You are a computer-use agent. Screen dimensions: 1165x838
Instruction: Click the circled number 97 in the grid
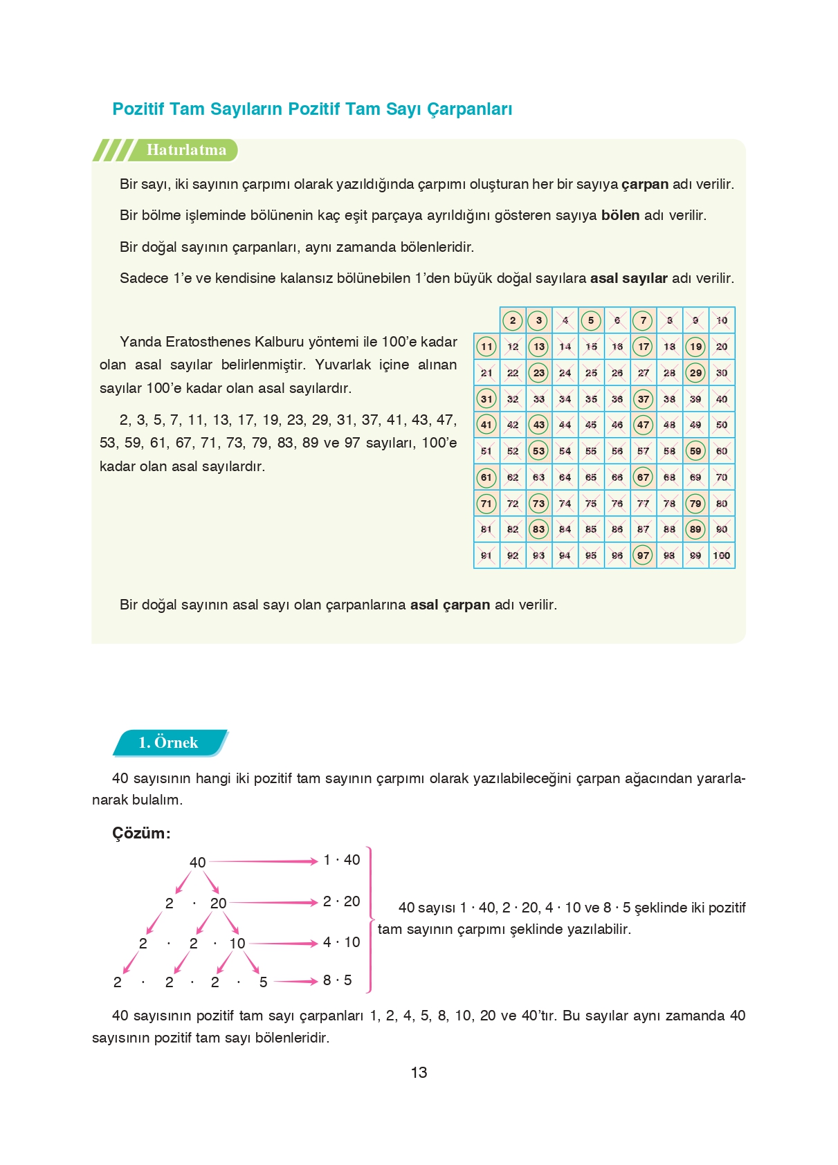[643, 555]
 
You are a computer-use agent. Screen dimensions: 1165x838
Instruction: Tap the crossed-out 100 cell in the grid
[721, 555]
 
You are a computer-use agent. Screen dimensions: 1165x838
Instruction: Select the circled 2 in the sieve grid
[512, 320]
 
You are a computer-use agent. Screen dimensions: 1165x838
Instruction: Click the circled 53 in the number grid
[538, 450]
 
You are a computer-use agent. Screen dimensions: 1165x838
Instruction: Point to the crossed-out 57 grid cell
[643, 450]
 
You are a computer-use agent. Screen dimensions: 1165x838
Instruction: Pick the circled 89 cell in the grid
[695, 529]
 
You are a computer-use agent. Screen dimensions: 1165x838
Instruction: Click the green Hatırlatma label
[186, 150]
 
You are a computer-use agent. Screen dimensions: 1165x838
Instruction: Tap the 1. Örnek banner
[168, 742]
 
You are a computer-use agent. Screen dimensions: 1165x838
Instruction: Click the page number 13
[419, 1072]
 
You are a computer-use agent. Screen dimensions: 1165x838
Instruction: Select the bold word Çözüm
[140, 833]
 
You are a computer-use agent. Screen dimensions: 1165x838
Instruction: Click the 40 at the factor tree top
[197, 862]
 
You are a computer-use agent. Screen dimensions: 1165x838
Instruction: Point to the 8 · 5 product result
[337, 980]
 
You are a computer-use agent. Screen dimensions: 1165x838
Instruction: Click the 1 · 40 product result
[341, 860]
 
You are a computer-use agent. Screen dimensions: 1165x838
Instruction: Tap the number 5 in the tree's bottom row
[263, 982]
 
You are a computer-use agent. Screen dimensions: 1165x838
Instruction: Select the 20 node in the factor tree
[218, 903]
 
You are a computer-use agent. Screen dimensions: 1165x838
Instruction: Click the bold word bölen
[620, 215]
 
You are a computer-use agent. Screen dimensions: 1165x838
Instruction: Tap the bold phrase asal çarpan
[450, 605]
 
